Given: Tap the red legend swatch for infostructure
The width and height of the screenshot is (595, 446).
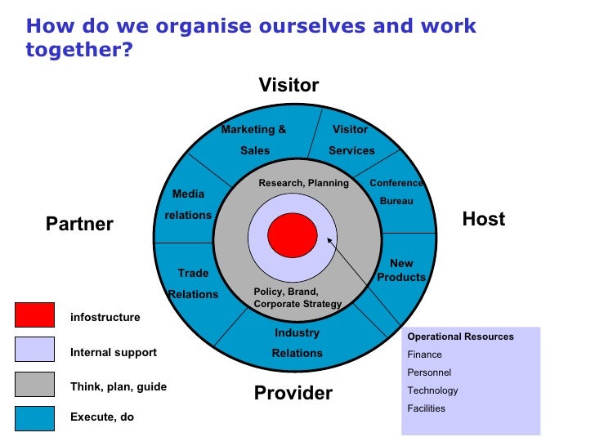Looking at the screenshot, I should (x=34, y=315).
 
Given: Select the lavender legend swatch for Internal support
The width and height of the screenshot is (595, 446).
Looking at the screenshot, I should (x=34, y=350).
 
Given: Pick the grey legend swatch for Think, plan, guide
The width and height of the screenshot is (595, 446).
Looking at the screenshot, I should (x=34, y=385).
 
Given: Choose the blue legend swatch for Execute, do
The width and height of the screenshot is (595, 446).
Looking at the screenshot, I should (x=34, y=418).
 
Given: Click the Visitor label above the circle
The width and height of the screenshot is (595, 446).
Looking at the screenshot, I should (x=289, y=86).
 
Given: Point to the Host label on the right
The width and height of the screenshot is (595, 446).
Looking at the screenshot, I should (x=484, y=219).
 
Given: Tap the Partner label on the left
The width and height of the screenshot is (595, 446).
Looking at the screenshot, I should (x=79, y=224).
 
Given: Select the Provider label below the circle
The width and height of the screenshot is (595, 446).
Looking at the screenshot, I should (x=293, y=393).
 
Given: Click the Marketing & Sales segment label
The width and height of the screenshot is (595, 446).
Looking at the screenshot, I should (x=254, y=140).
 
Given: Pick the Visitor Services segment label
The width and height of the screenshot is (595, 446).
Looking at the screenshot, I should (x=351, y=140).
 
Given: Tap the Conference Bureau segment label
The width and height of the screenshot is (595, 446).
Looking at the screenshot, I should (x=396, y=192).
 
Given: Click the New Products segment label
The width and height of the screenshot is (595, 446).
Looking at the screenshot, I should (x=401, y=270).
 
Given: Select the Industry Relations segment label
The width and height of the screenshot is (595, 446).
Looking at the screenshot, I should (x=297, y=343).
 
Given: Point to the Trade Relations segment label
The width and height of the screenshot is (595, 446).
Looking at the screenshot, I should (x=193, y=283).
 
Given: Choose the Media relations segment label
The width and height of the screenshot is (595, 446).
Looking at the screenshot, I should (x=188, y=204).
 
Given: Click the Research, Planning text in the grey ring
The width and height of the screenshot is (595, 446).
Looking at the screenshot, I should (x=304, y=183).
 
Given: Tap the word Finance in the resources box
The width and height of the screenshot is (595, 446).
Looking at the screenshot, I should (x=425, y=355).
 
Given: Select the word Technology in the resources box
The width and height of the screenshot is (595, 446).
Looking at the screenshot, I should (x=433, y=390).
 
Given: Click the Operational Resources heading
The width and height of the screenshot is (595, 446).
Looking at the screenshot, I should (x=461, y=337).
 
